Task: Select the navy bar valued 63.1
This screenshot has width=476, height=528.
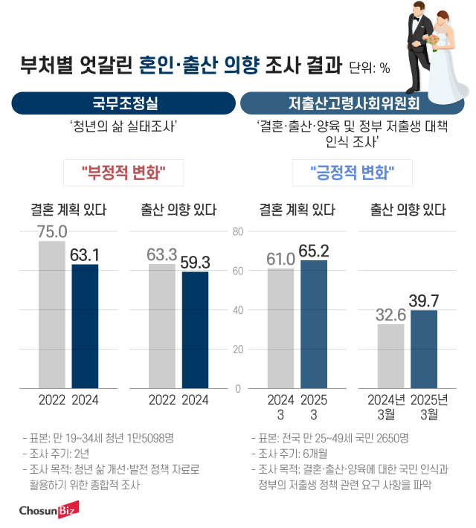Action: pyautogui.click(x=85, y=326)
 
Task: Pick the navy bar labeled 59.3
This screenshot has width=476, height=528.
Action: pyautogui.click(x=195, y=330)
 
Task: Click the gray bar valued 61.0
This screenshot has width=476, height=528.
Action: pyautogui.click(x=280, y=328)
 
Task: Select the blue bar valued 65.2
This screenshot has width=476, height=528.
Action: pyautogui.click(x=314, y=324)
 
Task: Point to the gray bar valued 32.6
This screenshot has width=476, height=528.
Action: pyautogui.click(x=390, y=356)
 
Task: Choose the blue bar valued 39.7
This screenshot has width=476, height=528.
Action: pyautogui.click(x=424, y=349)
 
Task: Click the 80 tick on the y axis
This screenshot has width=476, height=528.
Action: pyautogui.click(x=238, y=231)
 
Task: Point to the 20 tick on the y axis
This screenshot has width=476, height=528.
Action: pyautogui.click(x=238, y=350)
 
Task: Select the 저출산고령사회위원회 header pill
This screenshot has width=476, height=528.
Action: pyautogui.click(x=353, y=103)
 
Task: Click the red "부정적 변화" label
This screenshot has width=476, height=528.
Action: pyautogui.click(x=123, y=173)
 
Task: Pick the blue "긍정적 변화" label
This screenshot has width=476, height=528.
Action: pyautogui.click(x=351, y=173)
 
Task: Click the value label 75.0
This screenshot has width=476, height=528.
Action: pyautogui.click(x=53, y=231)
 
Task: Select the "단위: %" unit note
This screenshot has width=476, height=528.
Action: pyautogui.click(x=369, y=68)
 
